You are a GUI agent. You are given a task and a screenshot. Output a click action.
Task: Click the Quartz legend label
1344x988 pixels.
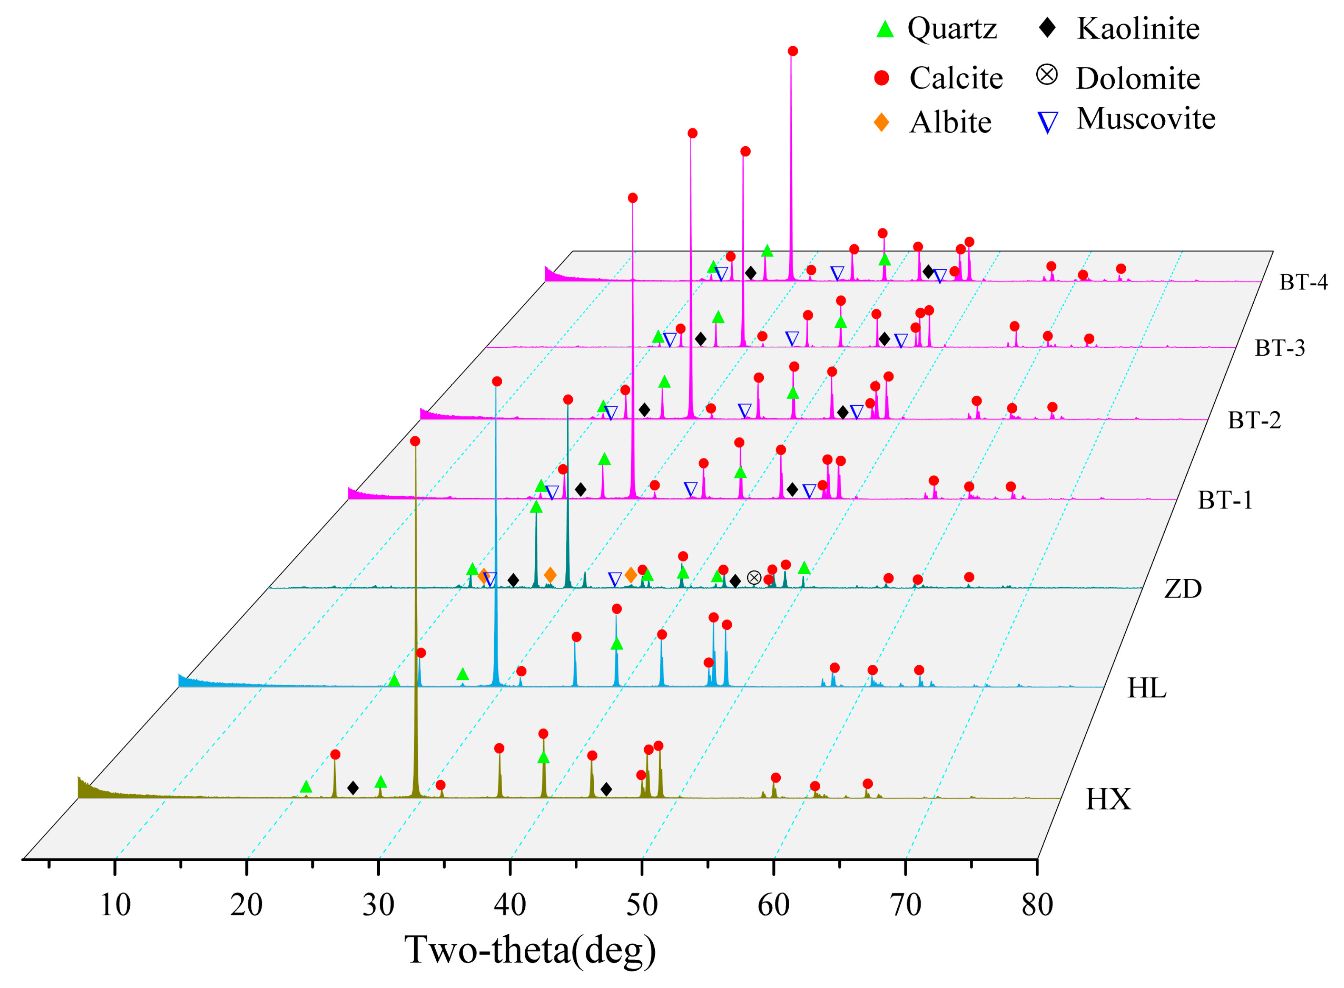(952, 29)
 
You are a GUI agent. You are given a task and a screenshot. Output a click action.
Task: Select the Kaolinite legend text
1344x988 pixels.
(1138, 29)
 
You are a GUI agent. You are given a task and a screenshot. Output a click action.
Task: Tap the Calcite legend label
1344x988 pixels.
(955, 78)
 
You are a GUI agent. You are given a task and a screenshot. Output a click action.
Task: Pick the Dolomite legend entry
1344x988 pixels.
(1137, 79)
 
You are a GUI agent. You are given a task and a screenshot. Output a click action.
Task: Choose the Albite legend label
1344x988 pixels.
(950, 123)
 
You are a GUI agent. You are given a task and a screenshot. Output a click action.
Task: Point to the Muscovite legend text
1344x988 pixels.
(1146, 118)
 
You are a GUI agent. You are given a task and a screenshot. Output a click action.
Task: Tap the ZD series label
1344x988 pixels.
(1183, 589)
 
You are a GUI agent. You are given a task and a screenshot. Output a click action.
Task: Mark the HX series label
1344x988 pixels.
(1108, 799)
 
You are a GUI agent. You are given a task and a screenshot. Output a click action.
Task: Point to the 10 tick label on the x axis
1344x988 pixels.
(115, 905)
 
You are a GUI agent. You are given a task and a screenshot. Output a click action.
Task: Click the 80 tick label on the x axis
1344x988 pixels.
(1037, 905)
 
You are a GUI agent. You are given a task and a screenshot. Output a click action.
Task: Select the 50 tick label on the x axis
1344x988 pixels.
(642, 905)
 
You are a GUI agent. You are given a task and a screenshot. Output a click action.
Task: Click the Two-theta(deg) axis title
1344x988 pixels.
(530, 950)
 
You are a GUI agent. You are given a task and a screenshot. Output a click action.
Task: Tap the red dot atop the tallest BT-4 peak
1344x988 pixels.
(793, 51)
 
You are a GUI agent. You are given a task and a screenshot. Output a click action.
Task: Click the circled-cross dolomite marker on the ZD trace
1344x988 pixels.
(754, 578)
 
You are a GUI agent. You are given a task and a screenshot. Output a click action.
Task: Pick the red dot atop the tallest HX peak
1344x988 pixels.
(415, 441)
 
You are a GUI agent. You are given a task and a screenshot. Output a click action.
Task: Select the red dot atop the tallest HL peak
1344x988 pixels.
(497, 382)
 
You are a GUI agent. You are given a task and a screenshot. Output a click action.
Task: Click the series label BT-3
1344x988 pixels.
(1280, 348)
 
